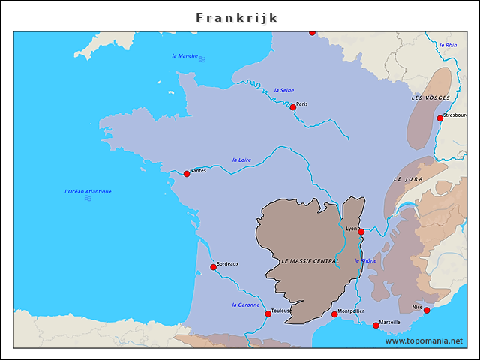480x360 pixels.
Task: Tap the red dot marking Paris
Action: [x=293, y=107]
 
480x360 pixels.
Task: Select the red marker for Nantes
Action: [x=187, y=174]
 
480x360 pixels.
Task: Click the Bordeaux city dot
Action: [x=213, y=267]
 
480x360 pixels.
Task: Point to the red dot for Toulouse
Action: [x=268, y=313]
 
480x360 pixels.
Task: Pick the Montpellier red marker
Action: [x=334, y=313]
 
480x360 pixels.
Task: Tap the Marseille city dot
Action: [x=376, y=325]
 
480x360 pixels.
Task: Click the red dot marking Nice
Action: [x=426, y=310]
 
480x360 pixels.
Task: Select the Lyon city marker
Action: [x=361, y=232]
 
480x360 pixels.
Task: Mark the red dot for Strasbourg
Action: [x=439, y=118]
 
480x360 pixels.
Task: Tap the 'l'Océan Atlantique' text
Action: [x=88, y=192]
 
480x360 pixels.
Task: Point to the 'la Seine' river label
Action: [x=284, y=90]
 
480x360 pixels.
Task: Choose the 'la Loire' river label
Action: [x=241, y=160]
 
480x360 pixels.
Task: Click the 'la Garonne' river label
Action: [x=246, y=304]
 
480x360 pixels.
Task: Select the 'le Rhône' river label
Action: [x=365, y=260]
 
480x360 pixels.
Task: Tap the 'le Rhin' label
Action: [x=448, y=45]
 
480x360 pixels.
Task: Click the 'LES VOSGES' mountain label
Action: [x=430, y=98]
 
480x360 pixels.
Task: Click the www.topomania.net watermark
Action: [x=424, y=340]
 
